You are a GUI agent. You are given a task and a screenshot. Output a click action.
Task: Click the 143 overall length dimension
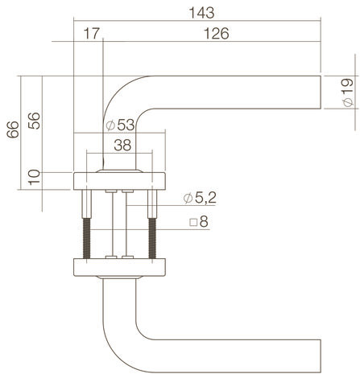201,13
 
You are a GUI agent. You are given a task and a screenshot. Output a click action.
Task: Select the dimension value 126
217,34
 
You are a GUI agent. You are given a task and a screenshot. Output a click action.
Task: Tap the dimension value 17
92,34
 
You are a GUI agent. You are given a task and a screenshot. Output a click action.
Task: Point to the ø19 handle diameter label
348,92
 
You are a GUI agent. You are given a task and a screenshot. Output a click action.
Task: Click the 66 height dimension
13,129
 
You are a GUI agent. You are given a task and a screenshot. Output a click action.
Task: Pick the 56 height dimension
34,121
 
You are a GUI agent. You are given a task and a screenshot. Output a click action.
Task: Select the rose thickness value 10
34,178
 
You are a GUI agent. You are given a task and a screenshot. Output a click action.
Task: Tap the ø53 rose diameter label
120,125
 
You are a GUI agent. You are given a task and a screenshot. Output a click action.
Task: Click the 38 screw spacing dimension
122,146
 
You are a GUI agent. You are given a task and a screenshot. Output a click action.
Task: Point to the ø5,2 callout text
200,198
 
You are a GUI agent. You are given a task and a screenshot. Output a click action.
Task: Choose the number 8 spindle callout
204,222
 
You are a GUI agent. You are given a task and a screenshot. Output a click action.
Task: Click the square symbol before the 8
193,223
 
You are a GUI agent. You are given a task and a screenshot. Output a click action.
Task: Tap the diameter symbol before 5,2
188,199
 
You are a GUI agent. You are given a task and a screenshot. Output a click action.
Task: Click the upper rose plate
119,181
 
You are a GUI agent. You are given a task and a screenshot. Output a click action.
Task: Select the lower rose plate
119,267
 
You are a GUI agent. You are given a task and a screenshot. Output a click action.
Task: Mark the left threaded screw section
86,238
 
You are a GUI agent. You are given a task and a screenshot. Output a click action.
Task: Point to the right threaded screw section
152,238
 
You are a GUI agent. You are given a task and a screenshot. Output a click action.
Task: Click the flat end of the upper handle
321,92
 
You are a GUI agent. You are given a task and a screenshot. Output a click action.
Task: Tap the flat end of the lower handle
321,356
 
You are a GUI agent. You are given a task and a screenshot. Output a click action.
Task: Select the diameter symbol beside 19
348,102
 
